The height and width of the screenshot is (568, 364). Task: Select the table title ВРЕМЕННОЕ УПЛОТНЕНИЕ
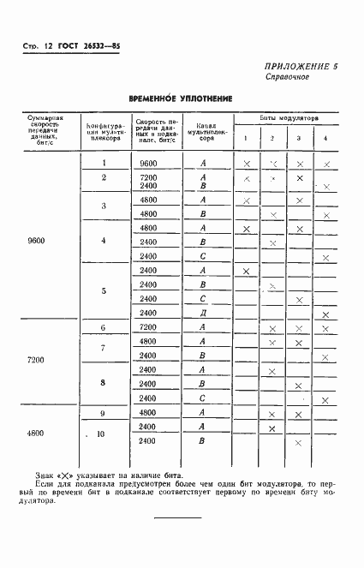[x=181, y=99]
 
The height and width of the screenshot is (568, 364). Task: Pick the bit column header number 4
[x=325, y=139]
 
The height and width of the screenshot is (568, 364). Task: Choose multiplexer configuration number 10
[x=103, y=434]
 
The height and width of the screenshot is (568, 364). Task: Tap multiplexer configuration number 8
[x=103, y=383]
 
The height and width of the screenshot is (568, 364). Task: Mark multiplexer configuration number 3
[x=103, y=206]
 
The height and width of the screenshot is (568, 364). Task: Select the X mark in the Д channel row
[x=325, y=314]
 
